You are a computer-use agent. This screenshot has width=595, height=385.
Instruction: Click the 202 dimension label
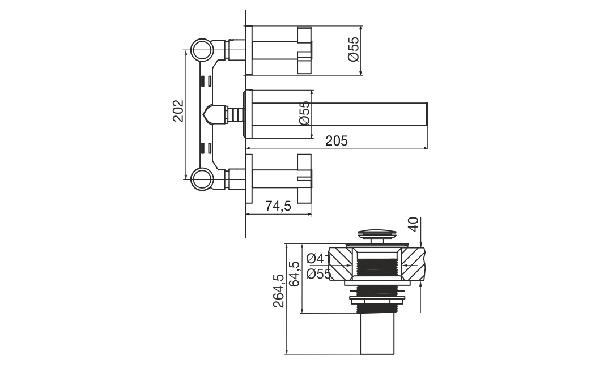click(x=178, y=111)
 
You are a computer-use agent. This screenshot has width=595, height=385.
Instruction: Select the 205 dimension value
click(x=336, y=141)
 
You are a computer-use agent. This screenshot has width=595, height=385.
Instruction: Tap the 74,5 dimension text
click(x=278, y=206)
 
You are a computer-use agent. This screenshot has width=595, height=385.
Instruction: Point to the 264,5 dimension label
click(x=279, y=291)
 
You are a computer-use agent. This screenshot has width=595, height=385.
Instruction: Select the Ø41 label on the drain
click(x=318, y=258)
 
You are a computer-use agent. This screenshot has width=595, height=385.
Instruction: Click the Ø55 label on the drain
click(x=318, y=273)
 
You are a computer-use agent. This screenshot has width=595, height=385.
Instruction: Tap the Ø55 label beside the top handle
click(x=353, y=49)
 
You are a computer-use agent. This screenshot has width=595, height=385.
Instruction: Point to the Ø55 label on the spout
click(x=305, y=113)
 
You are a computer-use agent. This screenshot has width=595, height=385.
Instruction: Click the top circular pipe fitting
click(x=201, y=50)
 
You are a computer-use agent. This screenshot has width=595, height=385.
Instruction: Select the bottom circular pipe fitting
click(x=201, y=179)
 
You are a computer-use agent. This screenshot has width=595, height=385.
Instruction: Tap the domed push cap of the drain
click(x=378, y=232)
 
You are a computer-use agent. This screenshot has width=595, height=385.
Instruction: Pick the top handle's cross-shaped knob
click(x=304, y=50)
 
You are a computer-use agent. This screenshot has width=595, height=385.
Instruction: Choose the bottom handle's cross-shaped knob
click(x=304, y=178)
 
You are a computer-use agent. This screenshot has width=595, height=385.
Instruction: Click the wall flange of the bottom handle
click(x=249, y=179)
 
